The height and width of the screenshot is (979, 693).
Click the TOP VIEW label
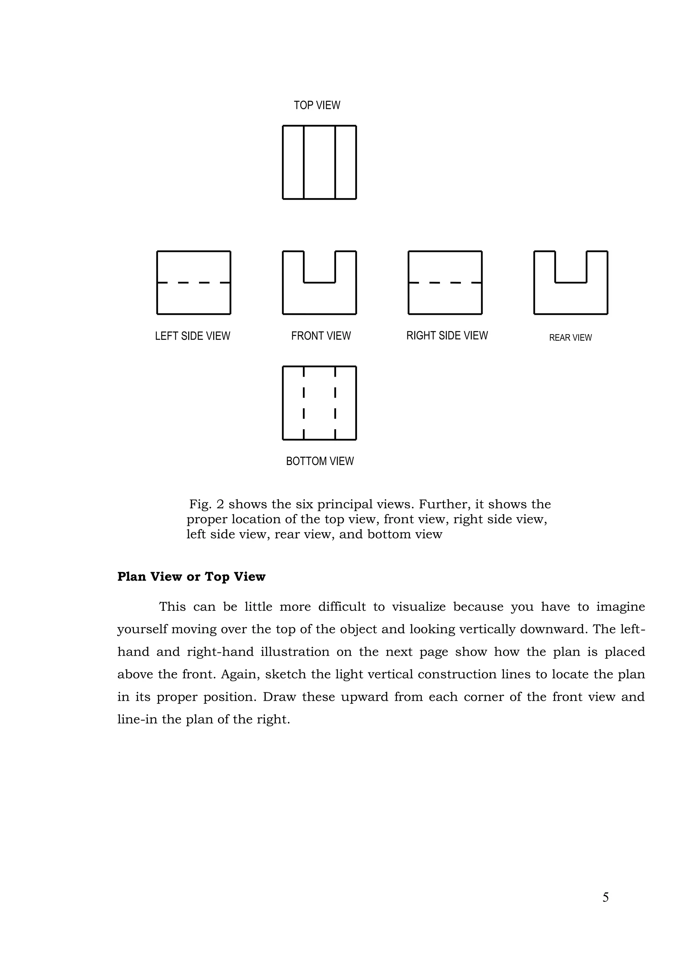pos(317,105)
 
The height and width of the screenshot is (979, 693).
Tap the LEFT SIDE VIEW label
pos(193,336)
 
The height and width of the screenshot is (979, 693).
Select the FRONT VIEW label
pos(321,336)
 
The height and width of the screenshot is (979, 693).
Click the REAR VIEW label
pos(570,338)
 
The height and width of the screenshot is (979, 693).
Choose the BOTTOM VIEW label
pos(320,461)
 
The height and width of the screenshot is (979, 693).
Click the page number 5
pos(605,898)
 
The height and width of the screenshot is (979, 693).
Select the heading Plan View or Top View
pos(191,577)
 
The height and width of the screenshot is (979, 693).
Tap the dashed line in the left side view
pos(194,282)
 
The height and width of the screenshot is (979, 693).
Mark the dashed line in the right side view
pos(445,282)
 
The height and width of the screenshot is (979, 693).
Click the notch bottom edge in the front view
pos(319,282)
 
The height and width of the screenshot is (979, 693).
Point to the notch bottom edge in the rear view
pos(571,282)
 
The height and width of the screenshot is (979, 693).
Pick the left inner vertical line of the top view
pos(304,162)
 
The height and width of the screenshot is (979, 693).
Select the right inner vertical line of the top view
pos(335,162)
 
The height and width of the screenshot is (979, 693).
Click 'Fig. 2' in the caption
pos(206,505)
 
